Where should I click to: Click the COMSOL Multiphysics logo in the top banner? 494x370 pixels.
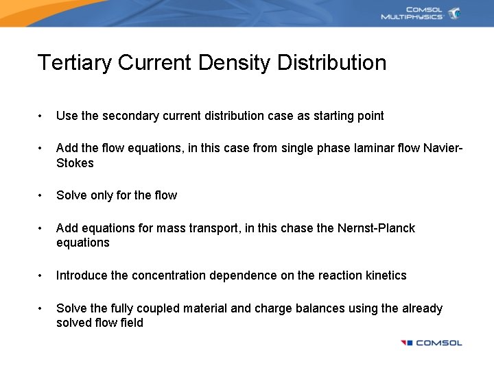(421, 14)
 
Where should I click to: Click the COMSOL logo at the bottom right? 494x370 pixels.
(432, 343)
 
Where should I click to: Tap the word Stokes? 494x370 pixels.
(75, 163)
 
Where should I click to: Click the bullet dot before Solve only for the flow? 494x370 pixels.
(42, 196)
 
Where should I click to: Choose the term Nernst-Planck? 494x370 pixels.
(376, 228)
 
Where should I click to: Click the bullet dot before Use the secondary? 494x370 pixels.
(42, 116)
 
